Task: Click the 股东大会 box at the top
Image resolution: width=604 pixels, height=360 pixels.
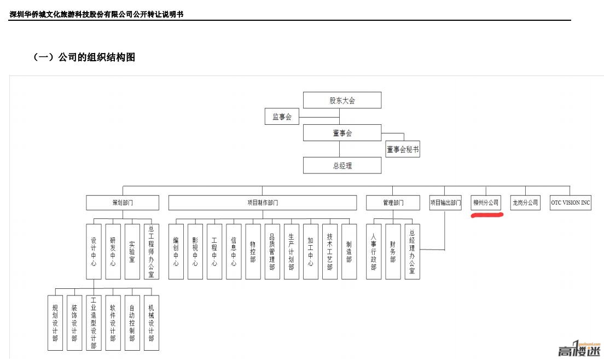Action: click(342, 100)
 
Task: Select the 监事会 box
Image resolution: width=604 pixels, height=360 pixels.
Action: click(282, 117)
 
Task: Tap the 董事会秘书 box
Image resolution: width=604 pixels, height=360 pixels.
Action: click(403, 149)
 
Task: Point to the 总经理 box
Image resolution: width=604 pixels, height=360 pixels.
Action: click(342, 165)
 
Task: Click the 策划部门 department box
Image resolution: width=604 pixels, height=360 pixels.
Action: click(123, 202)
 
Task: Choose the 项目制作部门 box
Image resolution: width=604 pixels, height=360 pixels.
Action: click(262, 202)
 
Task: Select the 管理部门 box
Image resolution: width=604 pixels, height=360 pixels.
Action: click(393, 202)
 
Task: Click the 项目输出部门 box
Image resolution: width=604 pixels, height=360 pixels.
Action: click(445, 202)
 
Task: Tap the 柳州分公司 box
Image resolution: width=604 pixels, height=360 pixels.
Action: click(486, 202)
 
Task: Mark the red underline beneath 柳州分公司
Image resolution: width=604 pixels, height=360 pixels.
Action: click(487, 215)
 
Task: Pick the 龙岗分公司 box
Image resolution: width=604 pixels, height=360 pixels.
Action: click(525, 202)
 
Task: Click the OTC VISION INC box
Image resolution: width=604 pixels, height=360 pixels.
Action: click(570, 202)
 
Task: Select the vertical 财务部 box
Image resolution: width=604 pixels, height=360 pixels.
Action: click(393, 252)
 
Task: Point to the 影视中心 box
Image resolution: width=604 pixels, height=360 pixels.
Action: click(195, 252)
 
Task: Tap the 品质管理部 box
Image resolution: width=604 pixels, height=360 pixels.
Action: click(272, 252)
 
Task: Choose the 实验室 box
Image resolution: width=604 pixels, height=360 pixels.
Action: click(132, 252)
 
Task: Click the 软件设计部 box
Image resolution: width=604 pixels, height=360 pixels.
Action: click(113, 323)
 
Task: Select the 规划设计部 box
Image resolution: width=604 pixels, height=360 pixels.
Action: click(55, 323)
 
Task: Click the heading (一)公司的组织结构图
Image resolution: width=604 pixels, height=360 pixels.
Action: click(84, 57)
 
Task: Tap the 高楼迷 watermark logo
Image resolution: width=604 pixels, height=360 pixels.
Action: click(579, 349)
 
